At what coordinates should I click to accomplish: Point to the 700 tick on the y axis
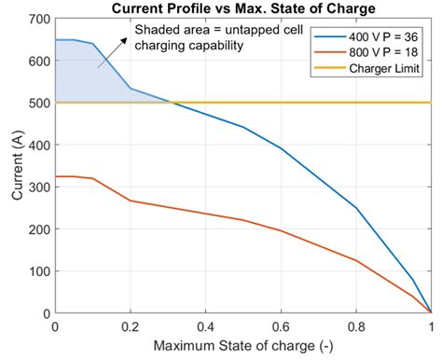coord(37,19)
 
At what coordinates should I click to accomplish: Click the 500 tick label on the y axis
coord(37,103)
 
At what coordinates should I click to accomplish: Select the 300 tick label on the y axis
coord(37,187)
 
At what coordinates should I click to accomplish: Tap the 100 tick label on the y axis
coord(37,271)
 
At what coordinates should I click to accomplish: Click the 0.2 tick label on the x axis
coord(131,327)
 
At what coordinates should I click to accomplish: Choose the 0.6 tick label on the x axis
coord(281,327)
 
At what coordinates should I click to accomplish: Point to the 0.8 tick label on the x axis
coord(356,327)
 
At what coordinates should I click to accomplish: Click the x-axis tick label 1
coord(431,327)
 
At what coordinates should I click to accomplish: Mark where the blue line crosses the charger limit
coord(172,103)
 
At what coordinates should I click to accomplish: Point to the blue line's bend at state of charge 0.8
coord(356,208)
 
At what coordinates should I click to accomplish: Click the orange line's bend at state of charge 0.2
coord(131,201)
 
